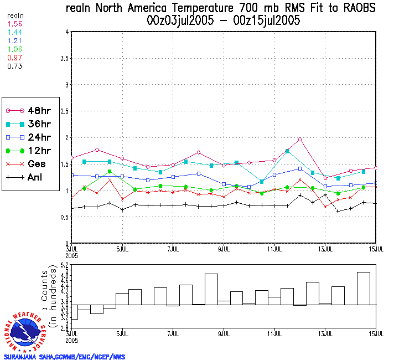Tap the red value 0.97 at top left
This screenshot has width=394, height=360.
click(14, 58)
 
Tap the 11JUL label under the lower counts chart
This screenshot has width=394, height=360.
click(275, 334)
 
